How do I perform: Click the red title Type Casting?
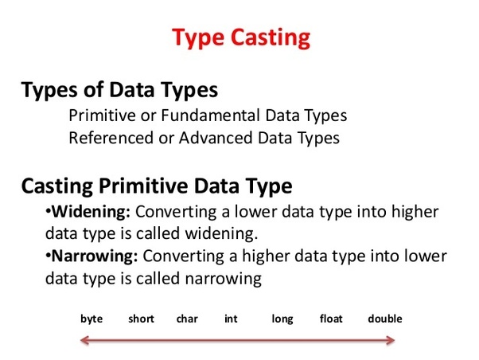pos(241,38)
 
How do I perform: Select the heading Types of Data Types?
pos(119,90)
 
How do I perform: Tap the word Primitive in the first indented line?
pos(102,115)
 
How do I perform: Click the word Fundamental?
pos(211,115)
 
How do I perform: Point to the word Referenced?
pos(111,138)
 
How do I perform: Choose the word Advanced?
pos(216,138)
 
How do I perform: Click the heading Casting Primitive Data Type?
pos(157,186)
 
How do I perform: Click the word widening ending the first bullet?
pos(221,233)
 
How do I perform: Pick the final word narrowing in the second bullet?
pos(224,279)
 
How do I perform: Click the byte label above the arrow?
pos(92,319)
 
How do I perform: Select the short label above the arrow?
pos(141,319)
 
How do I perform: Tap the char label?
pos(187,319)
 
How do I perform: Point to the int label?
pos(231,319)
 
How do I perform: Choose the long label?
pos(282,319)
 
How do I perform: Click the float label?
pos(331,319)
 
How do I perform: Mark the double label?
pos(385,319)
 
